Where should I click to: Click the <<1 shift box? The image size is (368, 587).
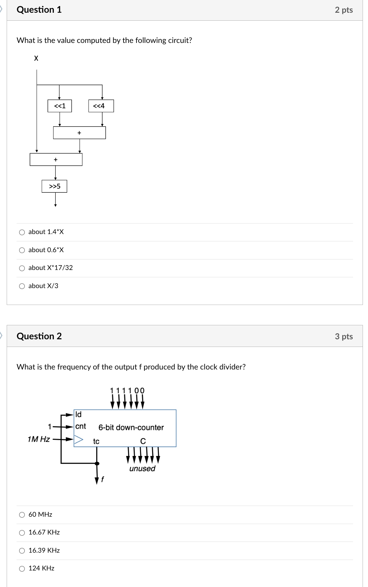(60, 106)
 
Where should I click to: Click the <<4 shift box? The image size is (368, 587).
(101, 106)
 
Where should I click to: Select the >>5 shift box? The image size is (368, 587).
(54, 186)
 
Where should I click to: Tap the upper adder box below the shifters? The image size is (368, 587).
(79, 133)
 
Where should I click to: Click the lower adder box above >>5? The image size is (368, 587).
(56, 159)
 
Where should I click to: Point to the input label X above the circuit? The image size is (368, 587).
(36, 58)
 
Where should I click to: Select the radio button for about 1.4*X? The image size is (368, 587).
(22, 232)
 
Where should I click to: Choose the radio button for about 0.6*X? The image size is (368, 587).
(22, 250)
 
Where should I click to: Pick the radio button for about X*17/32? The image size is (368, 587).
(22, 268)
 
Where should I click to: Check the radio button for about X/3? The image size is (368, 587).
(22, 286)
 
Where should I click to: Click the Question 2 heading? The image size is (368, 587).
(39, 336)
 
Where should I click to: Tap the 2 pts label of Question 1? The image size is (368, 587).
(344, 10)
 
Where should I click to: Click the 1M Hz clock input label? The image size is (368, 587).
(39, 439)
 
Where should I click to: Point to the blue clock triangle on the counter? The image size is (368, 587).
(78, 440)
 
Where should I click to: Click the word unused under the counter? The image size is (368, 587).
(142, 469)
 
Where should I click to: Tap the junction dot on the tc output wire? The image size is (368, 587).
(97, 463)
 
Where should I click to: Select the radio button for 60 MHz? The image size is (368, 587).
(22, 515)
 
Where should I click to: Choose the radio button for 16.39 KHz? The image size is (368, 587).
(22, 551)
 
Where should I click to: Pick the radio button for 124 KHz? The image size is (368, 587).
(22, 569)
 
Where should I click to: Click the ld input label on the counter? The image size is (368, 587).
(78, 414)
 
